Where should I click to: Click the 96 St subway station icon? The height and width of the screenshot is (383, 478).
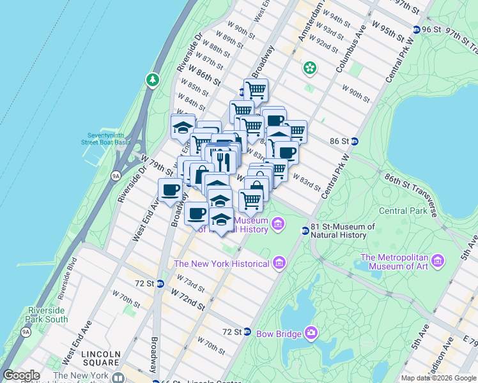click(416, 29)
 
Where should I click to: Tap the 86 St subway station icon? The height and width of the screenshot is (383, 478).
click(355, 141)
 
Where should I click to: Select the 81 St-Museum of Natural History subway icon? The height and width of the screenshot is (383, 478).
click(305, 230)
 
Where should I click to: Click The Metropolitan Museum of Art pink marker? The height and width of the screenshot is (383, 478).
click(438, 260)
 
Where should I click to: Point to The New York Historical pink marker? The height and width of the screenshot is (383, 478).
click(279, 263)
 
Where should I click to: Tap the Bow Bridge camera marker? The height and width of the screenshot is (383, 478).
click(311, 333)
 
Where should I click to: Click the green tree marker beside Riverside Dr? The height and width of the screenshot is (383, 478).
click(152, 80)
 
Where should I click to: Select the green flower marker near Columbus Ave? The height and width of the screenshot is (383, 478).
click(310, 67)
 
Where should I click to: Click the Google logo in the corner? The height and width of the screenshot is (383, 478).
click(21, 375)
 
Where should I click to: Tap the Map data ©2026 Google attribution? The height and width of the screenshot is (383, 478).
click(438, 378)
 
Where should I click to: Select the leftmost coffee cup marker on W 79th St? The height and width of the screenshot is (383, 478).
click(171, 190)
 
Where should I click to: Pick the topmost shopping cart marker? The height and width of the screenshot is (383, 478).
click(256, 89)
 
